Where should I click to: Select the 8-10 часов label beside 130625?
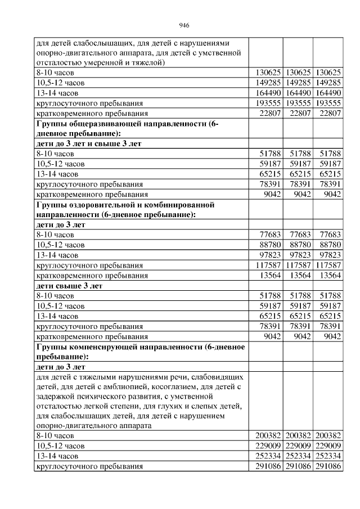55,73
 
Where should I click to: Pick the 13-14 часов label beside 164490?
57,93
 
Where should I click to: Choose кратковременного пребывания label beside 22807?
92,113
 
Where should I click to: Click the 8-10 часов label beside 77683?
55,235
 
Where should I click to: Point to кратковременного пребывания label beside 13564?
92,275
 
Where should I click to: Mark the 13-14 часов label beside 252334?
57,456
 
